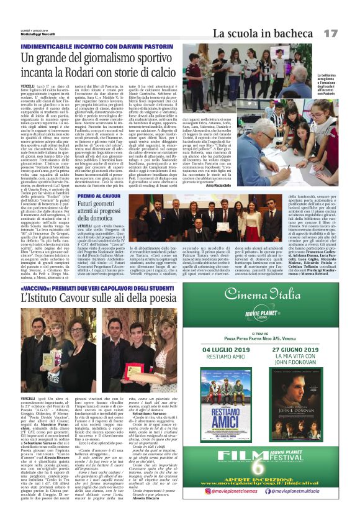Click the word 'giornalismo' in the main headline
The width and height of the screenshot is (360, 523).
[104, 60]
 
